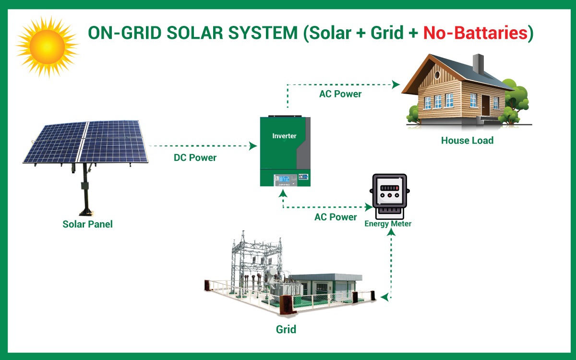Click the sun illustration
click(48, 47)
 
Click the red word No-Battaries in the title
click(476, 33)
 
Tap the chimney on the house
click(478, 63)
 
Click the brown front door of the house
click(485, 105)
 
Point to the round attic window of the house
click(437, 75)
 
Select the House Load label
click(467, 140)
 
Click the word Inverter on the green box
click(284, 136)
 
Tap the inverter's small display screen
click(284, 179)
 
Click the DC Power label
click(195, 157)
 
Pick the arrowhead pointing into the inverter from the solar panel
click(253, 146)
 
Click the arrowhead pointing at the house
click(396, 84)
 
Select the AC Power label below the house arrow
click(340, 94)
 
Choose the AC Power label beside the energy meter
click(336, 217)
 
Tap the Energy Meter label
click(388, 224)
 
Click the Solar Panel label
click(88, 224)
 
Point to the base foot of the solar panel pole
click(85, 212)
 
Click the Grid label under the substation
click(286, 329)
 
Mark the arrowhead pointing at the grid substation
click(384, 298)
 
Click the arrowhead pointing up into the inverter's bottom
click(283, 193)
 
